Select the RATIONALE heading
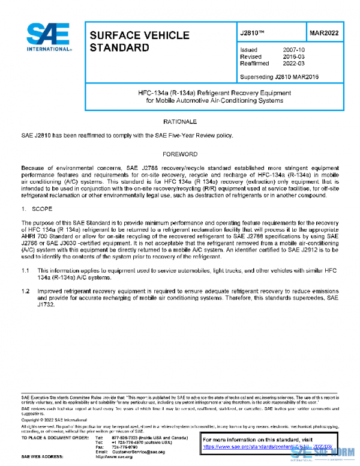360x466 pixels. point(180,122)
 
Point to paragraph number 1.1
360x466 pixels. point(25,271)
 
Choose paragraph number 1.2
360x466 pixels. point(25,291)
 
